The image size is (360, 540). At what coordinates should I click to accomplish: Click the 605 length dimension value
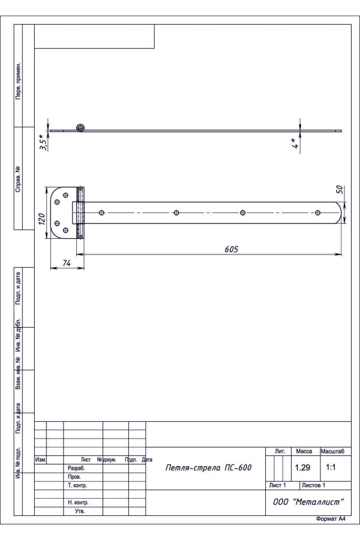[x=231, y=249]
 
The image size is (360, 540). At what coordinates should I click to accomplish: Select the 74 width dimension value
[x=67, y=263]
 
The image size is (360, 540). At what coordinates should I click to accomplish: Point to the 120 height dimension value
[x=41, y=218]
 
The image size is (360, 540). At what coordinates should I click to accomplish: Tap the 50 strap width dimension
[x=340, y=189]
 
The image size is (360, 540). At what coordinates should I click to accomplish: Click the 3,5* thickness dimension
[x=43, y=142]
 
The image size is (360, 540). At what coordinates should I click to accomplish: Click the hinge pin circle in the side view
[x=80, y=128]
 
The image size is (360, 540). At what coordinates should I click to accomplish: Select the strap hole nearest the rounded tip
[x=317, y=213]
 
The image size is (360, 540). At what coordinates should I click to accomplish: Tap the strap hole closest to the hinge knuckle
[x=101, y=213]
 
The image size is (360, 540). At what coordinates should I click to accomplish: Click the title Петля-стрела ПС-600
[x=208, y=467]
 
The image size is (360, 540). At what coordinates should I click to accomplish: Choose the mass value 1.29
[x=302, y=467]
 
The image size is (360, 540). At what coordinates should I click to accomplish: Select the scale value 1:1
[x=331, y=467]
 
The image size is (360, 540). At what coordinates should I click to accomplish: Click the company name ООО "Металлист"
[x=308, y=502]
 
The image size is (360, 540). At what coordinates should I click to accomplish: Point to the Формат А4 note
[x=331, y=519]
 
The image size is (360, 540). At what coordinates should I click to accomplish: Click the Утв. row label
[x=80, y=511]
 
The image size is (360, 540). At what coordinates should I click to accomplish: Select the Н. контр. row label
[x=78, y=503]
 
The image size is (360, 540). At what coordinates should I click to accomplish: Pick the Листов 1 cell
[x=313, y=485]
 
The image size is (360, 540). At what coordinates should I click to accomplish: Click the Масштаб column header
[x=332, y=451]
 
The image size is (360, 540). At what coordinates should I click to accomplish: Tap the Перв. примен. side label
[x=18, y=81]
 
